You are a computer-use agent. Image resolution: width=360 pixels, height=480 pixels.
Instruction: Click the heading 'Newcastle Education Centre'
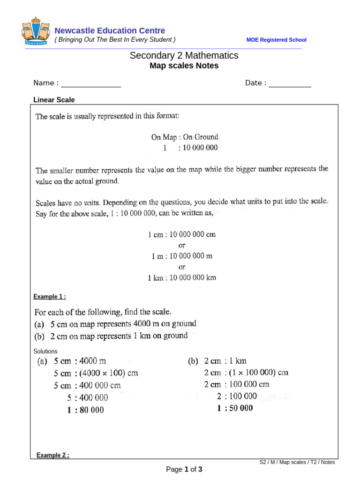click(110, 31)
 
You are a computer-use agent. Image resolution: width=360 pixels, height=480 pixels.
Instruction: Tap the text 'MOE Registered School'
click(276, 40)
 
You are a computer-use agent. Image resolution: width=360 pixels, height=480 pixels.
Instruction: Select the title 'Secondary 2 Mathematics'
click(184, 56)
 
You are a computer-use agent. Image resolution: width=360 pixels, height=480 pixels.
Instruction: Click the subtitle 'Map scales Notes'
click(184, 66)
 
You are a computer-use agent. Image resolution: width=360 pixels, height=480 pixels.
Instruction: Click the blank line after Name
click(91, 84)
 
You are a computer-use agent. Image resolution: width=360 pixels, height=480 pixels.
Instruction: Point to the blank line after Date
click(290, 84)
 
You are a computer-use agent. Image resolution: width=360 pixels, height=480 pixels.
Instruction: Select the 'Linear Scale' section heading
click(54, 100)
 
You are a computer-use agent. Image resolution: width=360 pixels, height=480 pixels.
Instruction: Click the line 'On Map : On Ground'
click(184, 137)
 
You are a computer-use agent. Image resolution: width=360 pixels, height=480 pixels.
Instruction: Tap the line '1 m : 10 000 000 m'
click(182, 256)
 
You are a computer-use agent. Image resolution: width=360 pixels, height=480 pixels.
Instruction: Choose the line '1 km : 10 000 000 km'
click(182, 277)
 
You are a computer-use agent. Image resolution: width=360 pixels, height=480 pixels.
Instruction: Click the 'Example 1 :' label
click(49, 297)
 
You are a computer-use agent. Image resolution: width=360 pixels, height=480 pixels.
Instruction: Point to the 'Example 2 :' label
click(52, 455)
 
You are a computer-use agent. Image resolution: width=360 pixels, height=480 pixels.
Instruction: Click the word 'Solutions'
click(45, 351)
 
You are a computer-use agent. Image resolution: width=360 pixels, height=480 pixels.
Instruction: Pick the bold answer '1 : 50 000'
click(235, 408)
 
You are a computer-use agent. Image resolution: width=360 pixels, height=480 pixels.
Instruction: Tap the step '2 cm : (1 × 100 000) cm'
click(246, 373)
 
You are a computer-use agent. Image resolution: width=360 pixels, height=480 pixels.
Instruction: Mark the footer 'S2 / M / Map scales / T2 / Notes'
click(297, 462)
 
